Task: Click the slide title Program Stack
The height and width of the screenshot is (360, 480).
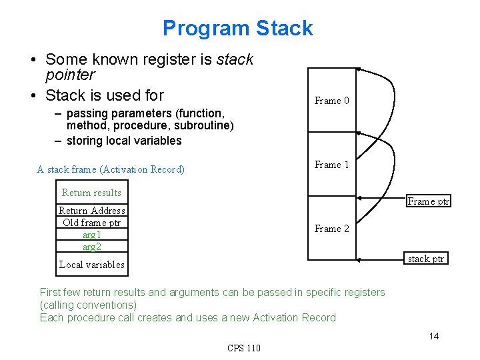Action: coord(237,28)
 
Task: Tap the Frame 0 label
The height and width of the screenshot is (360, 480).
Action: coord(331,101)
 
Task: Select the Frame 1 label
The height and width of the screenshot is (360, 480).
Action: coord(331,165)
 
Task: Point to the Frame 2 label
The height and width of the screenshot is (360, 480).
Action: coord(331,229)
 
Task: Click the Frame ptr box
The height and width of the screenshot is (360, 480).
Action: coord(429,201)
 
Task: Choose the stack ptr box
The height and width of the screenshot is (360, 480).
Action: coord(426,259)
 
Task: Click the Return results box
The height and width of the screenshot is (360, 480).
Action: coord(91,193)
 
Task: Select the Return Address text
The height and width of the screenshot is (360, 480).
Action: coord(91,211)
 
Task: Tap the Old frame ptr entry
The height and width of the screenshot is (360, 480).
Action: coord(91,223)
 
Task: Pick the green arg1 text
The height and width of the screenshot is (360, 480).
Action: coord(91,235)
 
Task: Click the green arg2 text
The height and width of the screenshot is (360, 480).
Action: coord(91,247)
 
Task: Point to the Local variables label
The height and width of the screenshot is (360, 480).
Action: coord(91,265)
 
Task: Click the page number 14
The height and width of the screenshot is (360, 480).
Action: coord(433,336)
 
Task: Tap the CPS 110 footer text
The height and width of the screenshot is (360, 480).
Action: coord(244,348)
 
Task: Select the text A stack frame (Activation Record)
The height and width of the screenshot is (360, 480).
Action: coord(111,169)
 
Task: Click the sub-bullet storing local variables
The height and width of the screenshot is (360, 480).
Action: coord(124,141)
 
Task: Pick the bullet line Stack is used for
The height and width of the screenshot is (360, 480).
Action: coord(104,95)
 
